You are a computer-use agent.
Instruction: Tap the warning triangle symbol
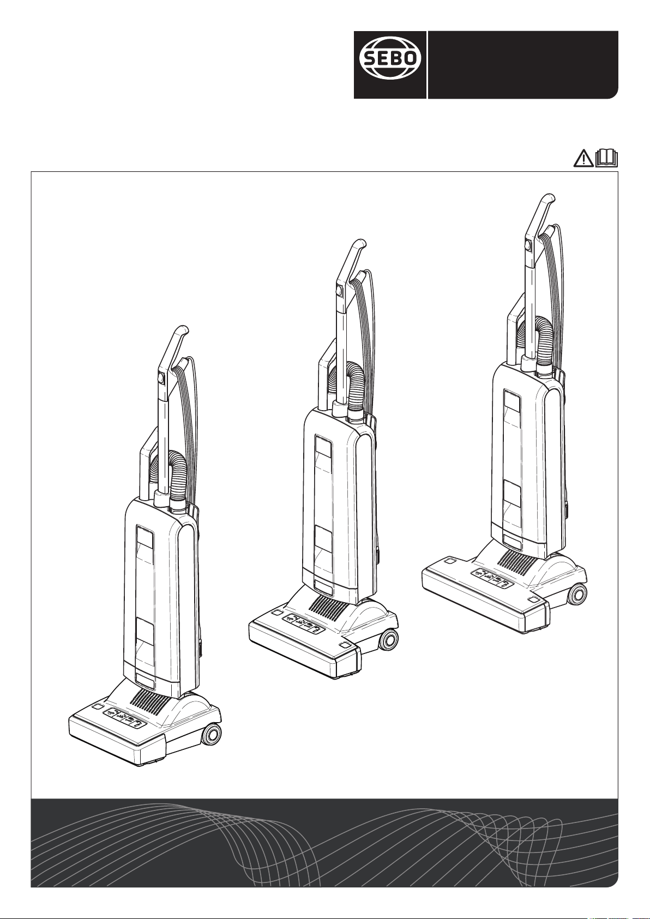point(583,159)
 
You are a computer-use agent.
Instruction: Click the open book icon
point(607,159)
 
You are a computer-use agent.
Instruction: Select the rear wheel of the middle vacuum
point(388,639)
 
